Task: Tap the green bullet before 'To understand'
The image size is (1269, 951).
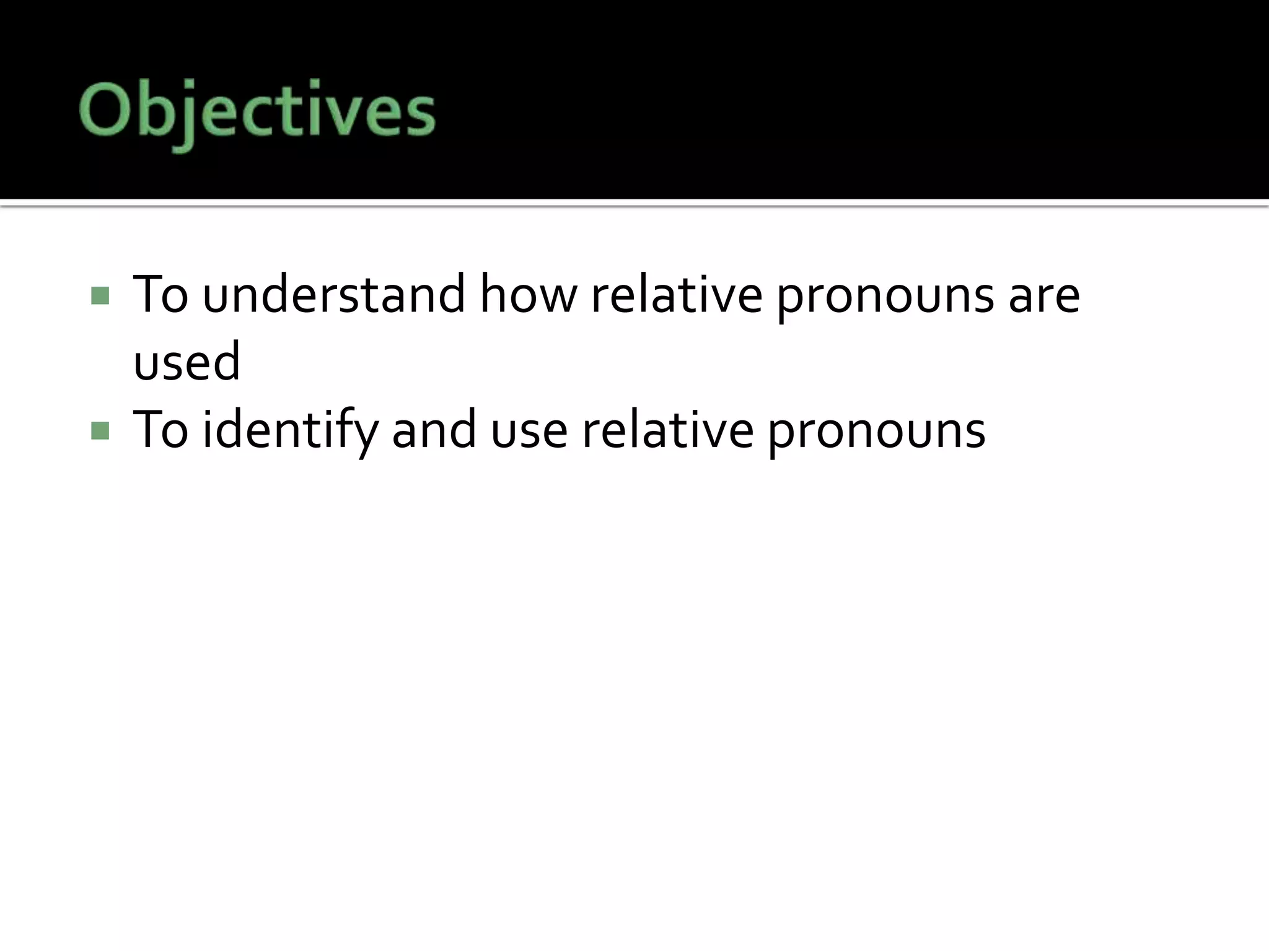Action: click(100, 295)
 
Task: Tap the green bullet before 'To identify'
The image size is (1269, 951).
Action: click(100, 430)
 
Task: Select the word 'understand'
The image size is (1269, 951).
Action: click(333, 295)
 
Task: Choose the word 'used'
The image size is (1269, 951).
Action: click(187, 362)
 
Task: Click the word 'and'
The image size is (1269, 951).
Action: click(434, 430)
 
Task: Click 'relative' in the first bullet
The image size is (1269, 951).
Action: click(676, 295)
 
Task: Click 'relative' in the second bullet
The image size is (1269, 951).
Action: click(667, 430)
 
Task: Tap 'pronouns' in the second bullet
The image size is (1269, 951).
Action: click(876, 433)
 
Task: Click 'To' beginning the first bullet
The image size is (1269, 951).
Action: click(160, 295)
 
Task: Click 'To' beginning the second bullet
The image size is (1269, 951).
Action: click(160, 430)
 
